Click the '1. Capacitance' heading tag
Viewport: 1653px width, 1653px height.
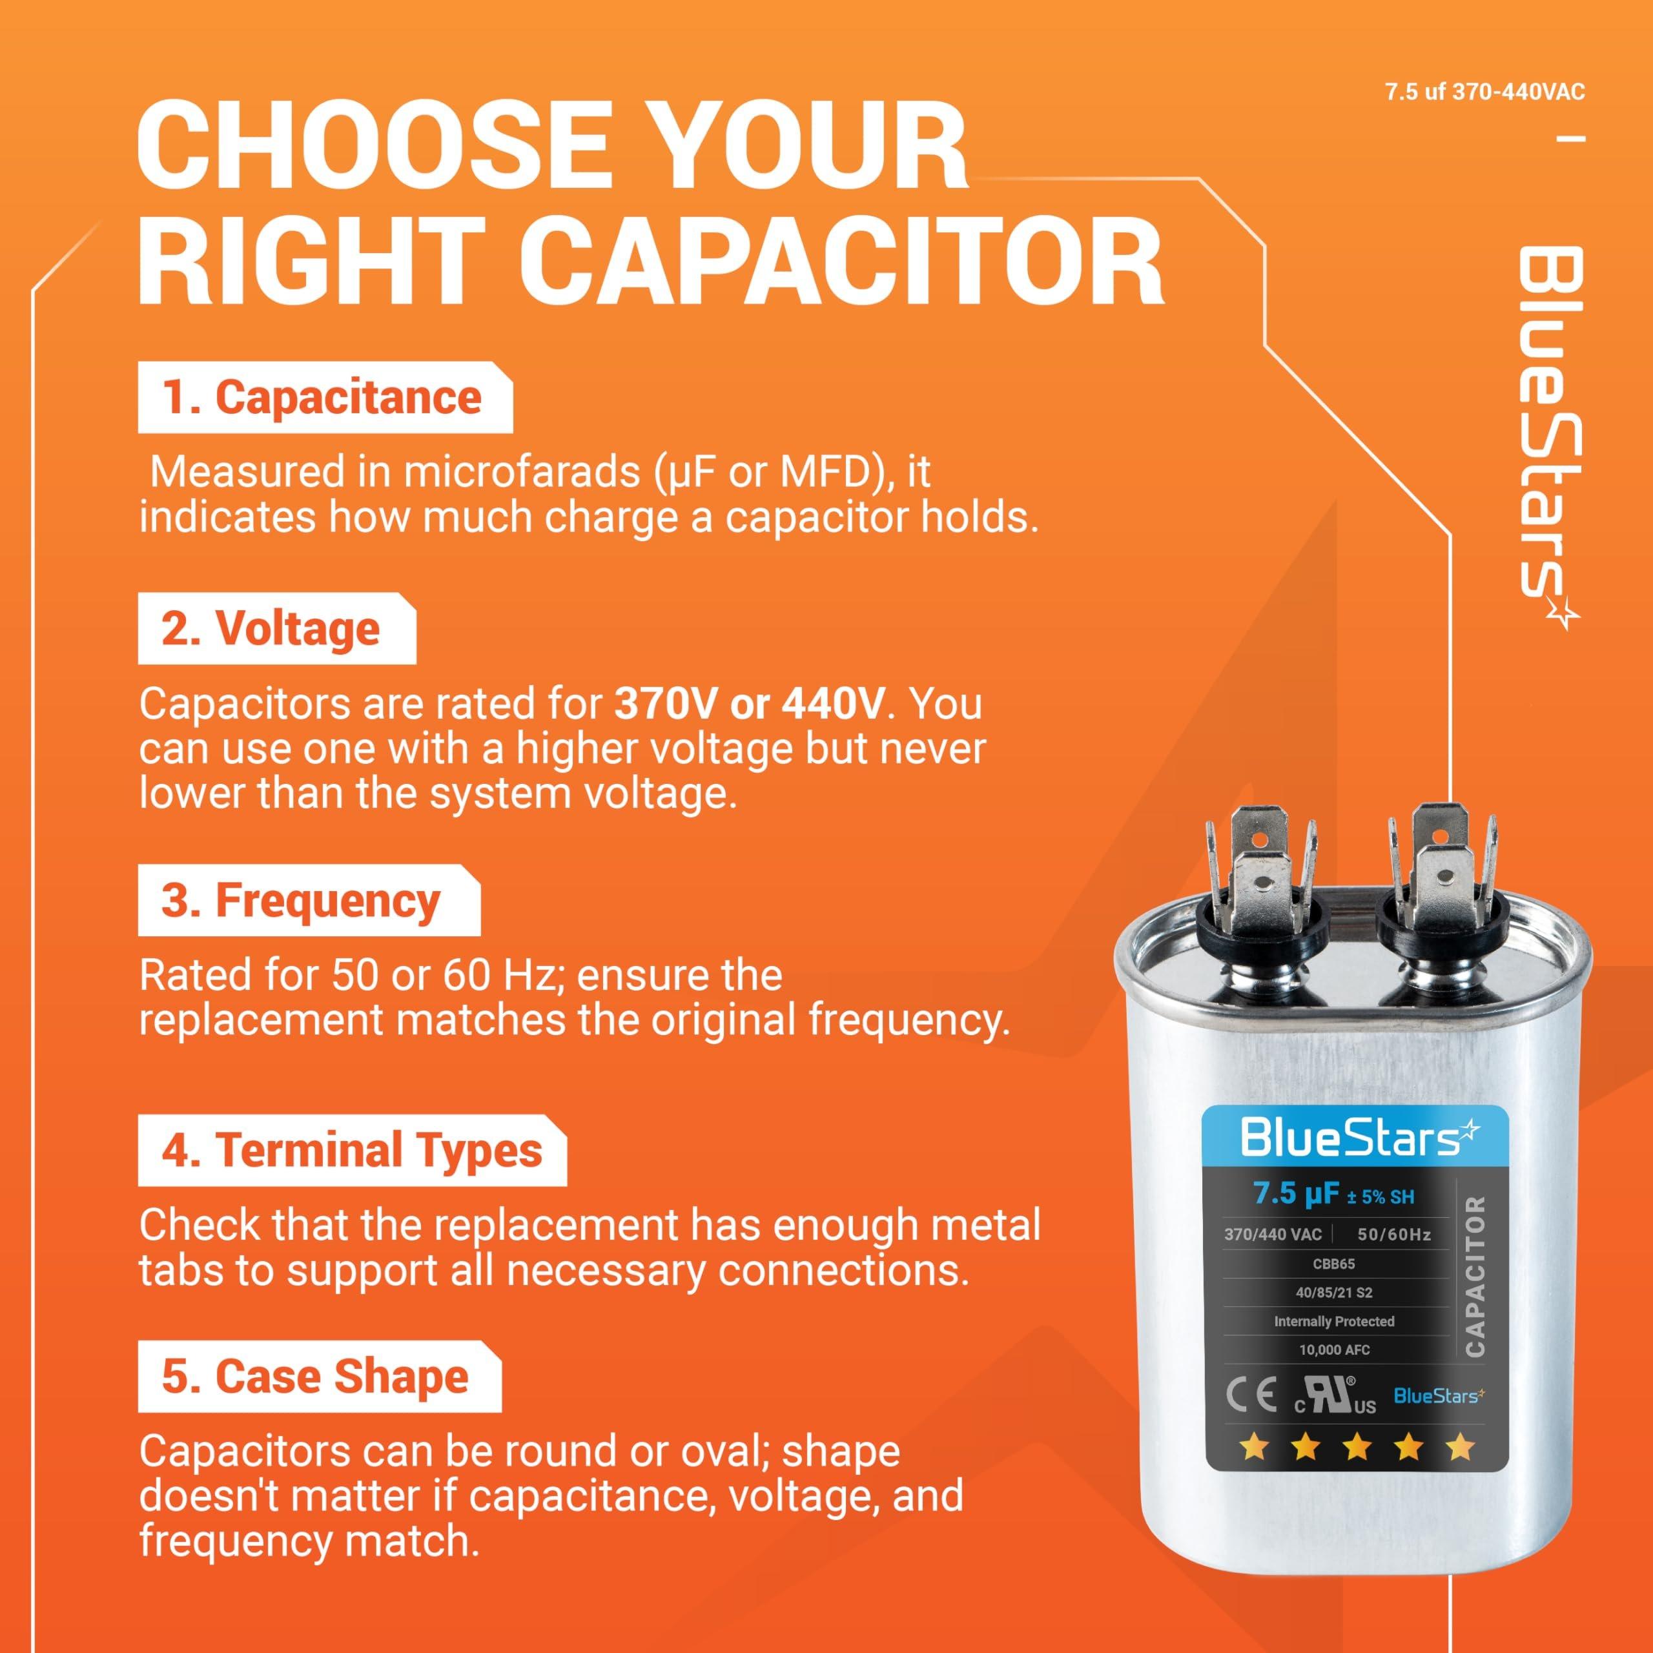(323, 398)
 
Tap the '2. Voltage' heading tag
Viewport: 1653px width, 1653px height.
(271, 630)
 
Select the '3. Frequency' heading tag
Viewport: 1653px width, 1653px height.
(301, 901)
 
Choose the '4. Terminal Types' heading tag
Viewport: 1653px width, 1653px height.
(351, 1150)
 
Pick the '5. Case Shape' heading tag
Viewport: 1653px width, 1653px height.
(316, 1377)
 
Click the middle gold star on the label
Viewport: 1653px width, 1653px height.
(1358, 1448)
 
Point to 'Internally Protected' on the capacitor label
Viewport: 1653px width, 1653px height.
(1334, 1321)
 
